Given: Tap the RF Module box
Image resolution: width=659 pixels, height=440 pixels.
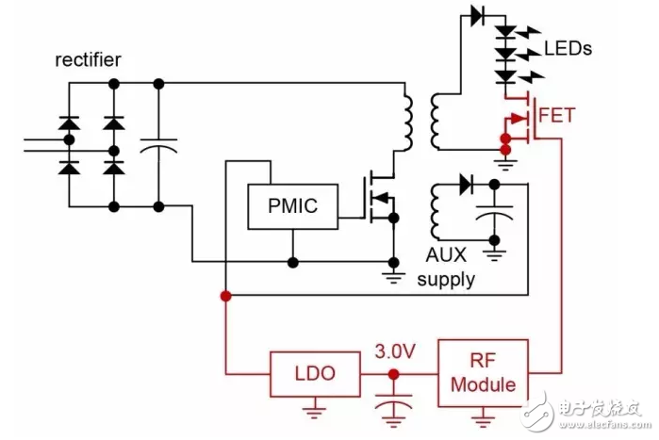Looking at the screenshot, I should (484, 372).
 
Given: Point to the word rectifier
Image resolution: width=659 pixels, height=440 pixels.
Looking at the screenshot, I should (88, 61).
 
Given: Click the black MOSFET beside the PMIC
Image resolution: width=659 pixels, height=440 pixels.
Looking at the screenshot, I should (381, 198).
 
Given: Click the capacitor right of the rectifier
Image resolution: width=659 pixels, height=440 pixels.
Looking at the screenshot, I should (158, 145).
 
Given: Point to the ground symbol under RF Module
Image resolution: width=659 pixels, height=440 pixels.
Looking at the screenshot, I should (484, 415).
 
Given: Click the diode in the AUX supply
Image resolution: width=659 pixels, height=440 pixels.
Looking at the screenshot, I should (464, 186).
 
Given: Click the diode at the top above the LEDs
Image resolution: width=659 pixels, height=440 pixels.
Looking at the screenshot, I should (477, 15).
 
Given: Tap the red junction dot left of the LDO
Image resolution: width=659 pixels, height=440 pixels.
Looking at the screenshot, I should (226, 296).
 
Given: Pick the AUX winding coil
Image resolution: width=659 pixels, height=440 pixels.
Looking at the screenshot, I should (437, 213).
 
